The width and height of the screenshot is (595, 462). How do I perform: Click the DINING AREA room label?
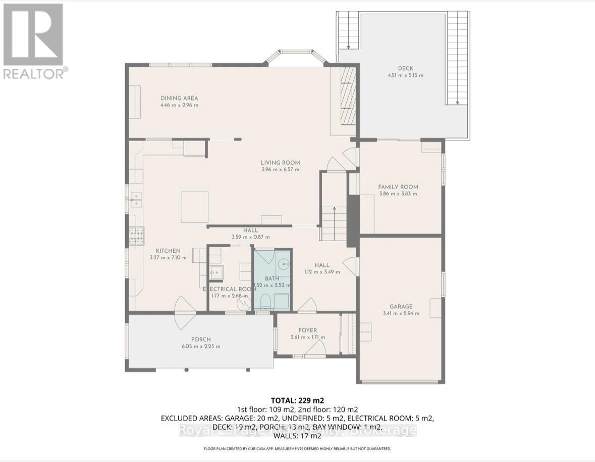point(179,98)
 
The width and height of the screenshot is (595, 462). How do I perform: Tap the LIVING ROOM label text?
point(280,163)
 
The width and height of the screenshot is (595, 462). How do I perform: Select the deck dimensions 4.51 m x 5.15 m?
point(402,75)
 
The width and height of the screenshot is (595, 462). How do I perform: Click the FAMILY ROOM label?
point(398,187)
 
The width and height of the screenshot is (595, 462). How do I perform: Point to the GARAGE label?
point(401,306)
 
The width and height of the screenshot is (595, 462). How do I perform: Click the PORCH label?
point(201,339)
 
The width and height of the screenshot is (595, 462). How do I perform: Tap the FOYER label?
point(307,331)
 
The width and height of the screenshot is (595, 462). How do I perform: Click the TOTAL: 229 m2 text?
point(297,400)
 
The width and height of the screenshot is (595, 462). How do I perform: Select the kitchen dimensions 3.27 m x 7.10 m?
point(168,257)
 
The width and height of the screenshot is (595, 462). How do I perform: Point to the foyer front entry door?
point(316,349)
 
